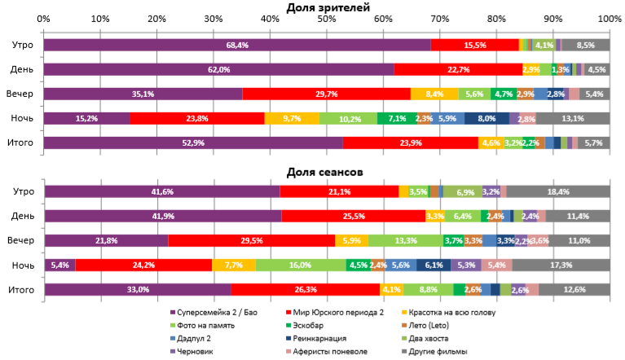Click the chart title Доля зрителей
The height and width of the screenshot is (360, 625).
[328, 7]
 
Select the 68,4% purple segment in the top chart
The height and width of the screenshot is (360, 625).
[237, 46]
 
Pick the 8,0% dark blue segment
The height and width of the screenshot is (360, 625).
[486, 119]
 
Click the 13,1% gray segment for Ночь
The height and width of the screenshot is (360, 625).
[573, 119]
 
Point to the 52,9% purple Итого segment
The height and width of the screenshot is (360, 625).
[192, 143]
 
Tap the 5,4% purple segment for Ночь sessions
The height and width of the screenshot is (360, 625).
[59, 265]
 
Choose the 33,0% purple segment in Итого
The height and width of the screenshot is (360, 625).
[137, 289]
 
